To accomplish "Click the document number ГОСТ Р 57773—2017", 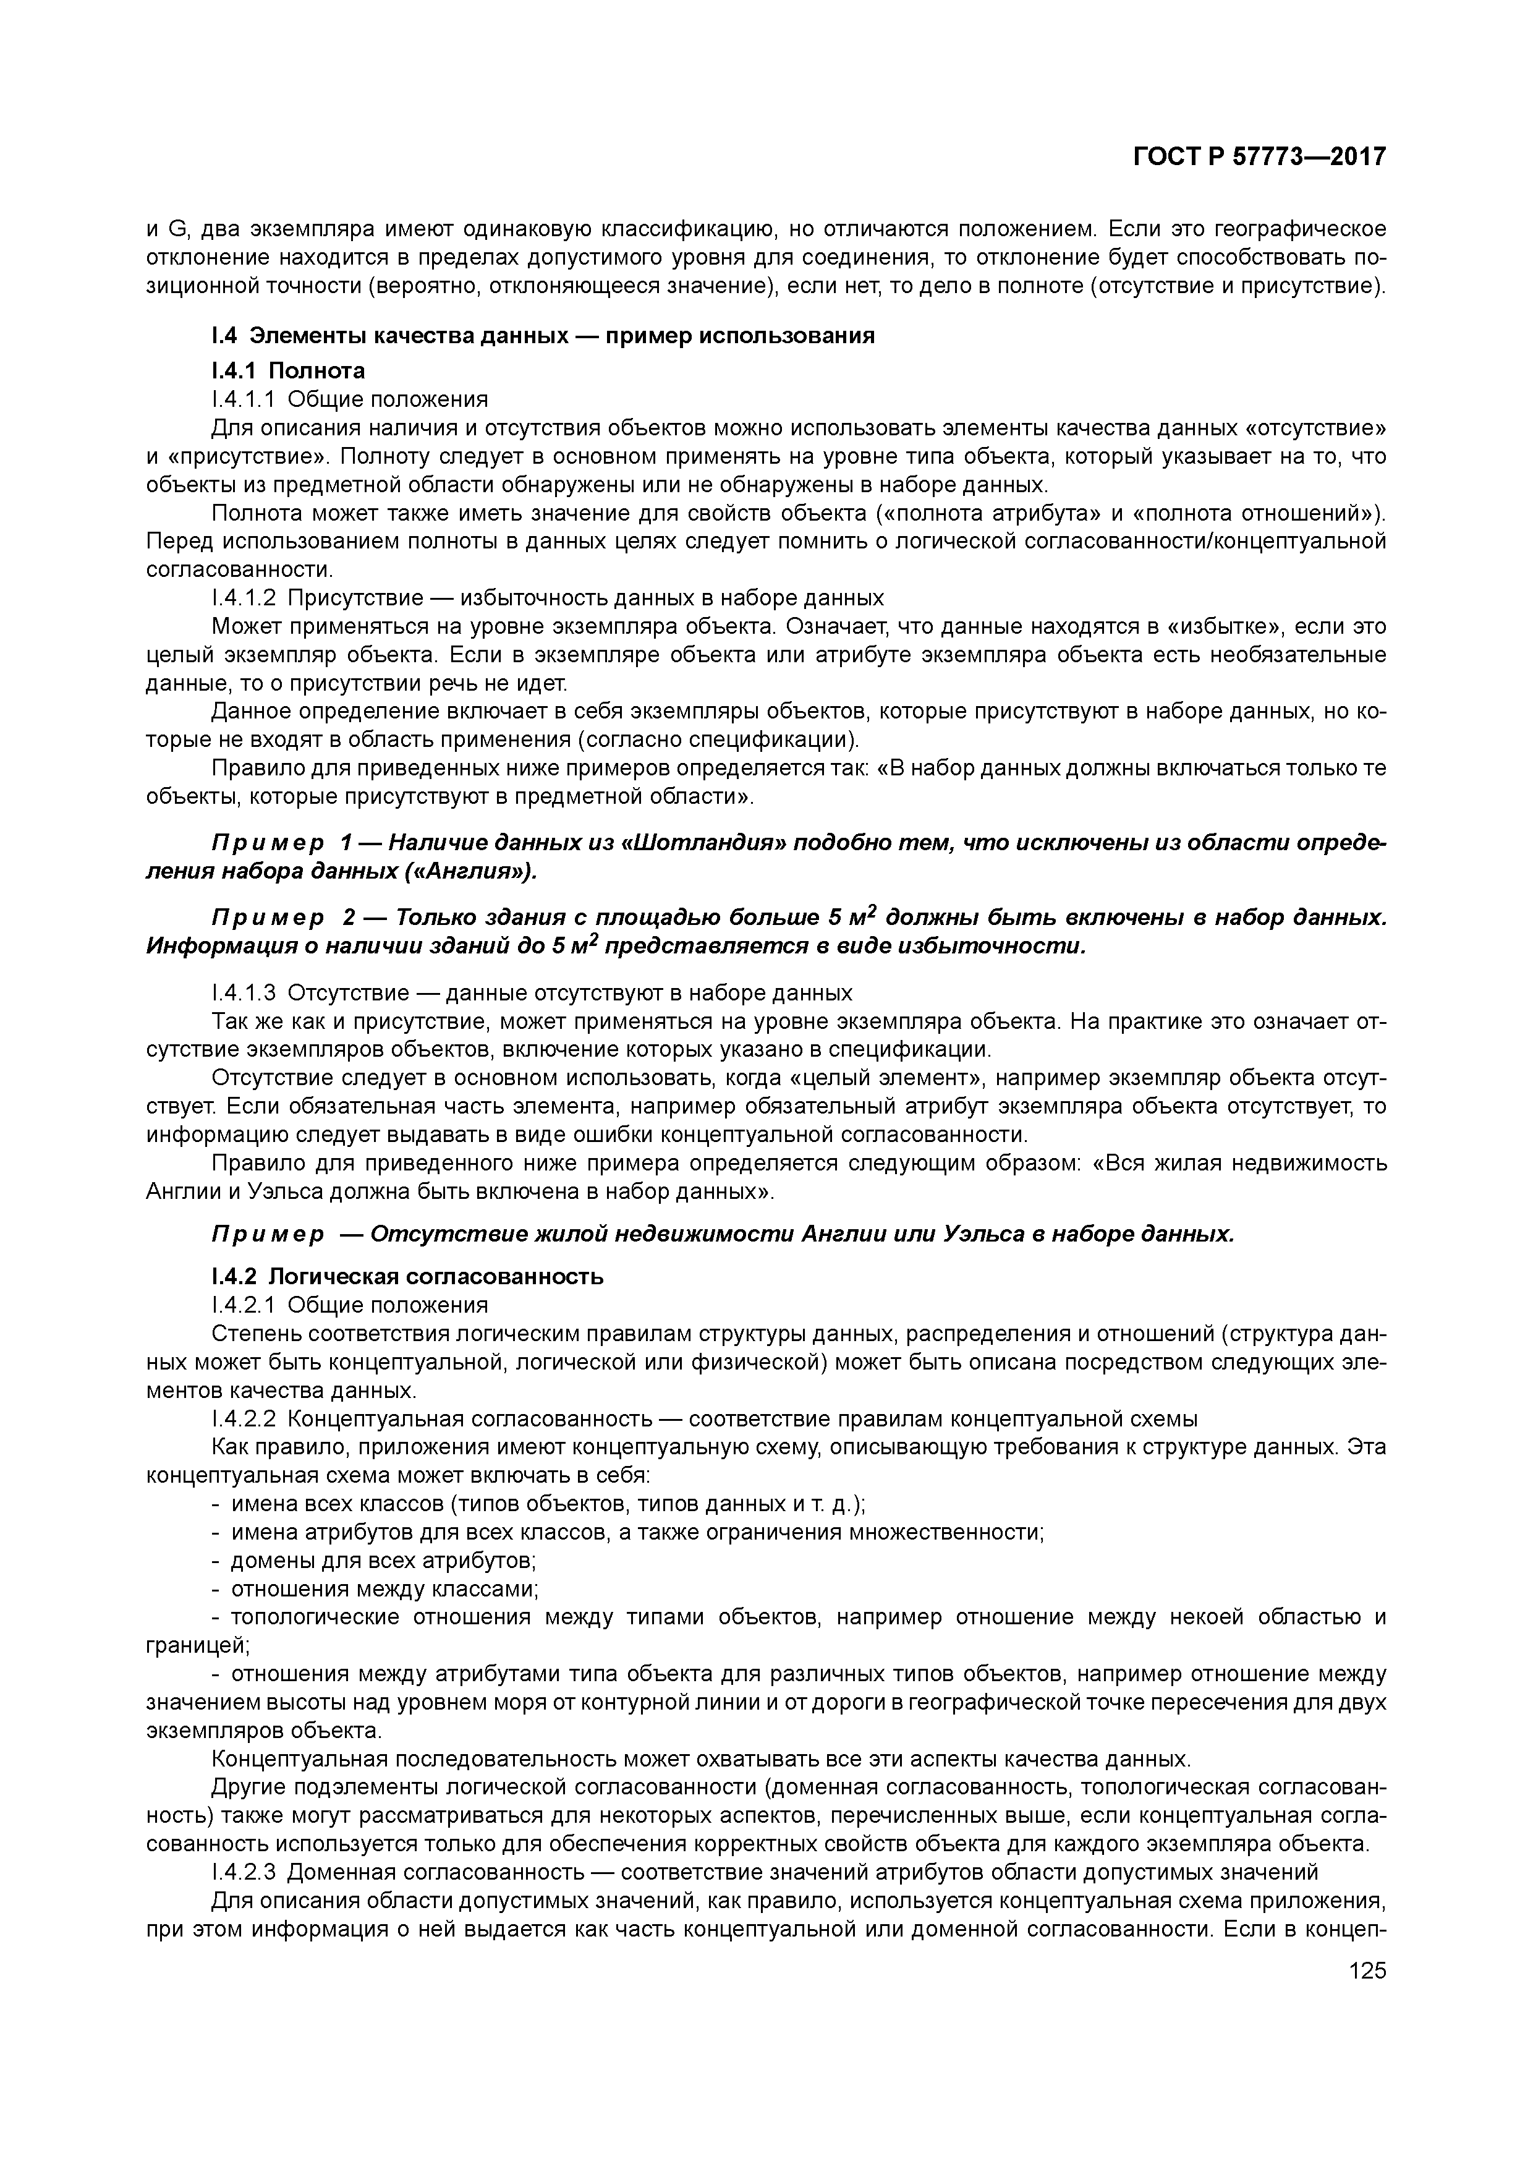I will tap(1259, 157).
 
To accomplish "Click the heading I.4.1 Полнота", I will tap(288, 370).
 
